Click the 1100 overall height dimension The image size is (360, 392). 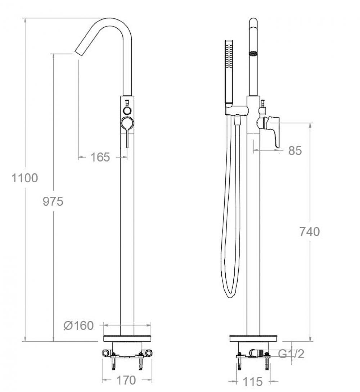[x=25, y=178]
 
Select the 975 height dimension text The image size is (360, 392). [x=53, y=201]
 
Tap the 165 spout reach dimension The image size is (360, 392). [x=100, y=157]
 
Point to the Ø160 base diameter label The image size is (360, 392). [x=78, y=326]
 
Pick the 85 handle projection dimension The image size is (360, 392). [x=295, y=151]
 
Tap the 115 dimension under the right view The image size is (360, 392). [x=252, y=381]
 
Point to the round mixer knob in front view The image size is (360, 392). [x=127, y=123]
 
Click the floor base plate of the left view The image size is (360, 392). [x=127, y=338]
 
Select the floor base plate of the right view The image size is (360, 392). [x=253, y=338]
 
